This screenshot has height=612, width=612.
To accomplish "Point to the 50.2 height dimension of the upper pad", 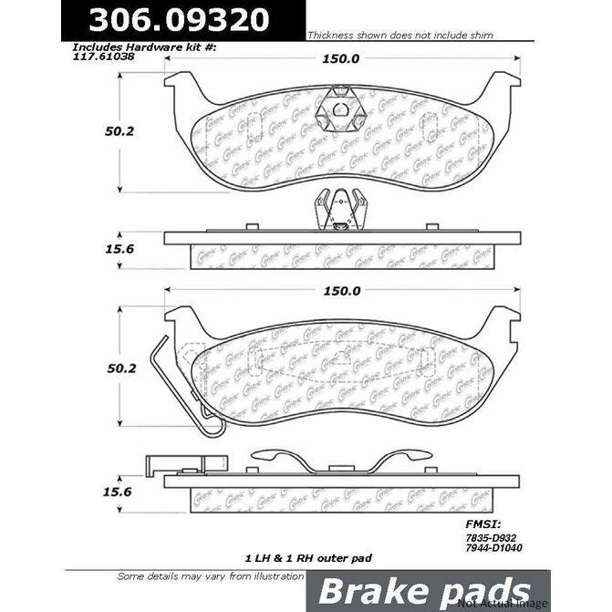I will [113, 130].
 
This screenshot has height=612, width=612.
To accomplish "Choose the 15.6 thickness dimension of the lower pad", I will [113, 491].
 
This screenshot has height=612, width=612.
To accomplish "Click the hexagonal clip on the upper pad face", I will [337, 115].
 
